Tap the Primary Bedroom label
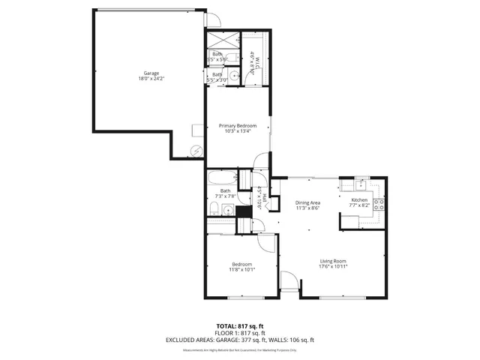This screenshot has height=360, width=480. (x=237, y=125)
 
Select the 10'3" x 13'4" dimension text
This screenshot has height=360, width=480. (x=237, y=131)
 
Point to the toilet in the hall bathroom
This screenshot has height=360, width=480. (x=214, y=208)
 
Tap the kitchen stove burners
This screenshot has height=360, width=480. (x=380, y=202)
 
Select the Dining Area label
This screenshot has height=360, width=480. (x=307, y=202)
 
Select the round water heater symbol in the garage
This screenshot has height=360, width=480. (x=196, y=149)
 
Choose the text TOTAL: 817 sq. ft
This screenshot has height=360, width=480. (x=239, y=326)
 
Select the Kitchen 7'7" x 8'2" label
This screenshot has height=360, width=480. (x=359, y=203)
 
